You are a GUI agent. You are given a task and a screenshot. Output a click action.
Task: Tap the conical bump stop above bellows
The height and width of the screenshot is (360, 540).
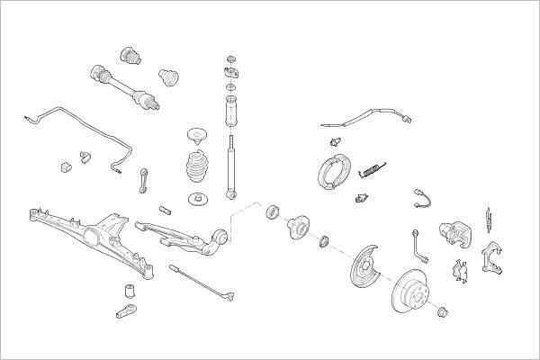[195, 137]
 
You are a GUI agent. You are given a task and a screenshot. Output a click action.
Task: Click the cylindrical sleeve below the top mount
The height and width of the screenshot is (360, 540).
[230, 112]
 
